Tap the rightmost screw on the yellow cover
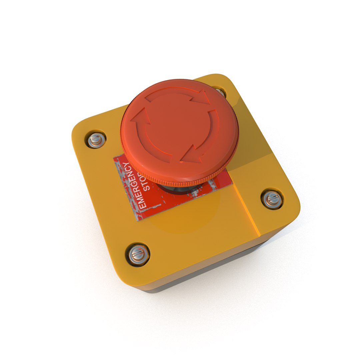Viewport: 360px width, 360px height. click(x=272, y=199)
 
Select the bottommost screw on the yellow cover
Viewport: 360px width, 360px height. click(x=137, y=255)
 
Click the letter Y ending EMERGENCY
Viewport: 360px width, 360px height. click(x=126, y=165)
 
